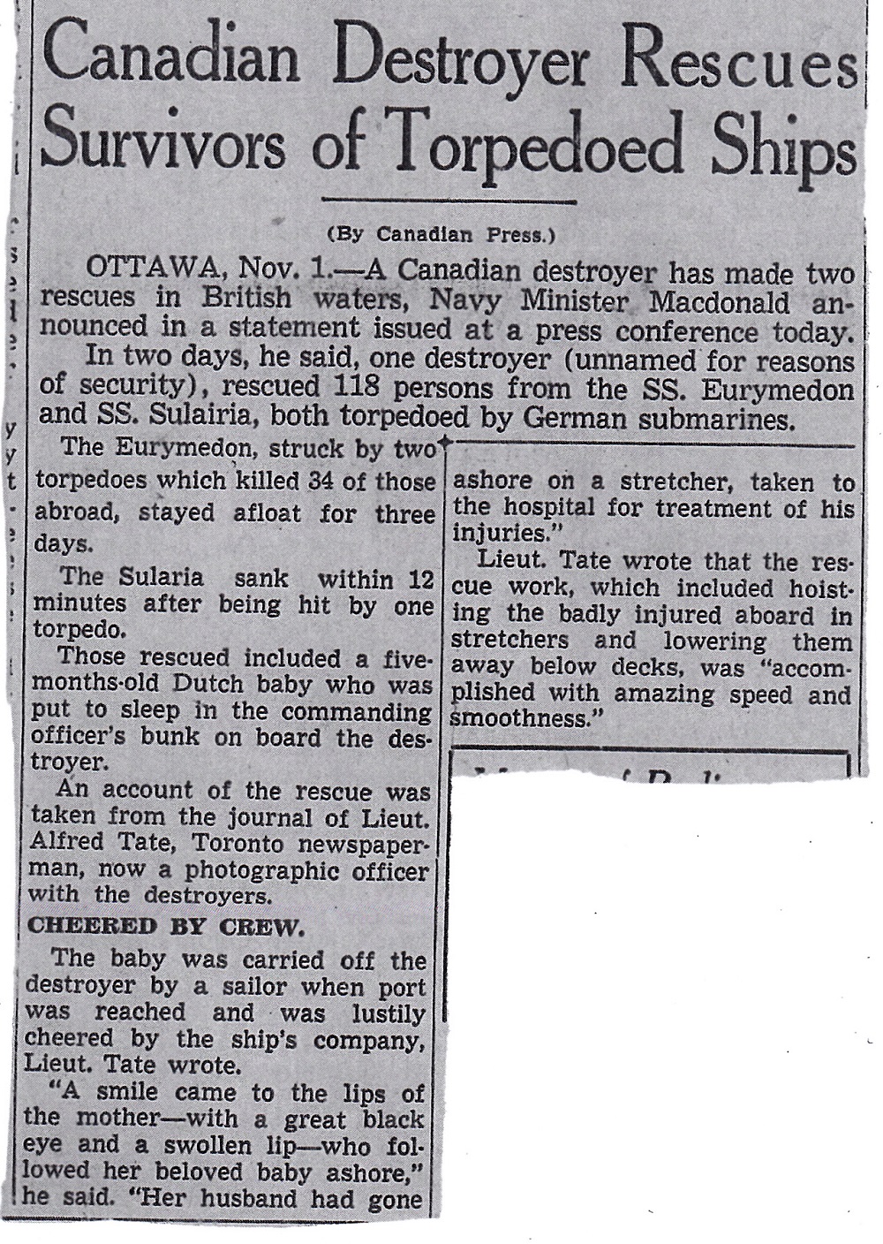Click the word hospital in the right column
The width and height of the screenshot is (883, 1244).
[541, 509]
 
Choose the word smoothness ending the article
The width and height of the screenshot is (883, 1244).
[519, 719]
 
